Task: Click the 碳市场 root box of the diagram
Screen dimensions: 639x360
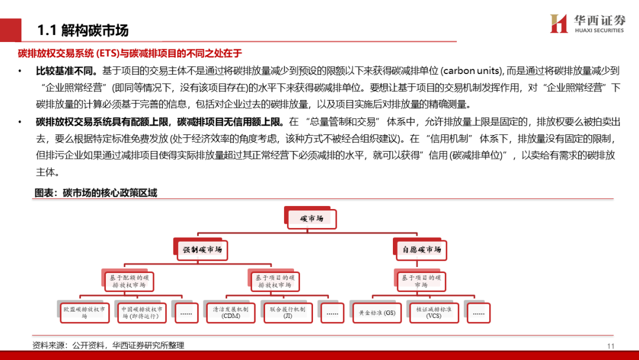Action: click(311, 219)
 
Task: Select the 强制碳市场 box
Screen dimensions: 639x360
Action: click(202, 250)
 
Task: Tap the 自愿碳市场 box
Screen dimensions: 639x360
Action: click(421, 250)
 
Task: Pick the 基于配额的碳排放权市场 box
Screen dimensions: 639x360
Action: click(129, 281)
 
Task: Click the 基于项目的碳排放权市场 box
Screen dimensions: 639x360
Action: click(275, 281)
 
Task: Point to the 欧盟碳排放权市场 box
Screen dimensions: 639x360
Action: click(85, 313)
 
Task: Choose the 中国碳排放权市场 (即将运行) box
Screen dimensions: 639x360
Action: click(142, 313)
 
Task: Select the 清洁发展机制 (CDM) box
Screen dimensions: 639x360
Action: click(231, 313)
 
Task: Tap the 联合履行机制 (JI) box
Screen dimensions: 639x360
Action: click(288, 313)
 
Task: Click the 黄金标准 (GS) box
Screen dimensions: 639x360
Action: click(377, 313)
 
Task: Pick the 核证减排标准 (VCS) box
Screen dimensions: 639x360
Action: click(434, 313)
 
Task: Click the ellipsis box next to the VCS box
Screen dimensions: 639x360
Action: click(479, 313)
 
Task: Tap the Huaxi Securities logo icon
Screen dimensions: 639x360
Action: click(559, 23)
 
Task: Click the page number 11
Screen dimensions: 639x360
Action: click(611, 346)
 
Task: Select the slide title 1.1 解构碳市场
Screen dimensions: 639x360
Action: click(83, 30)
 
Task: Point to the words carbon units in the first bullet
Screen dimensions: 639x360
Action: click(471, 71)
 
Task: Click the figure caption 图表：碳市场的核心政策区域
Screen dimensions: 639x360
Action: click(96, 193)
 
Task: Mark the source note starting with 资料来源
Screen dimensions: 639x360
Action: click(108, 345)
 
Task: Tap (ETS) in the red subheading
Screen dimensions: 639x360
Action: click(107, 53)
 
